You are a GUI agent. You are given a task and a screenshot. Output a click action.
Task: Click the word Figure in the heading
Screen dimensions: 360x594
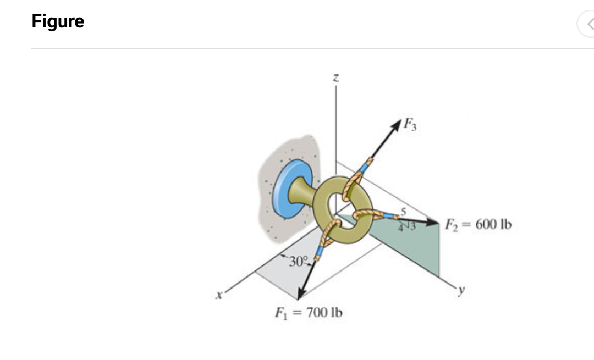click(58, 21)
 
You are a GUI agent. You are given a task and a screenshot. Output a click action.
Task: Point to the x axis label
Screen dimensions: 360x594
click(219, 296)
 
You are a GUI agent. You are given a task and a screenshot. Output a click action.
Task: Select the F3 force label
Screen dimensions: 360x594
click(410, 124)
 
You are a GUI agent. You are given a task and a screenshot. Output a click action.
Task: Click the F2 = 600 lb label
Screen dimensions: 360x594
click(477, 224)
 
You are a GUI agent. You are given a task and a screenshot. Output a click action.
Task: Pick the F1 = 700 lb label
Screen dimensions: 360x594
click(309, 313)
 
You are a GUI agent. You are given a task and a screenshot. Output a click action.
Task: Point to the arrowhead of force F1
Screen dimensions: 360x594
click(300, 295)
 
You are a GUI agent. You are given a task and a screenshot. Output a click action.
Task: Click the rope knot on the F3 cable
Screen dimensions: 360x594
click(353, 181)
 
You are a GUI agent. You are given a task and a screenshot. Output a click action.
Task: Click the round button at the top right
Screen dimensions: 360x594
click(587, 24)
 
